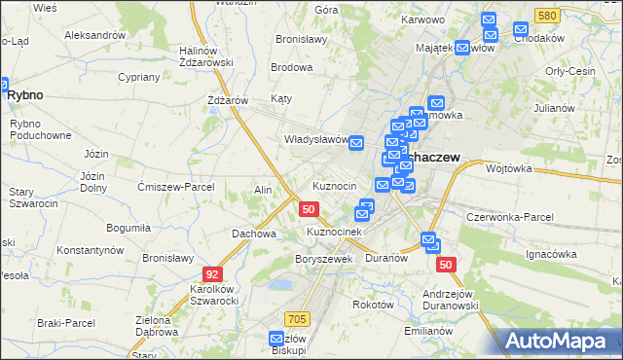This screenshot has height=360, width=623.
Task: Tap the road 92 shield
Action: (x=212, y=274)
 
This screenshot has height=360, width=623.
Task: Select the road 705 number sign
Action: (x=298, y=318)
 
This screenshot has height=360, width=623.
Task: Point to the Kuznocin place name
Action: (x=341, y=185)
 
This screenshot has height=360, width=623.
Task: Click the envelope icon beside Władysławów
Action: (x=356, y=143)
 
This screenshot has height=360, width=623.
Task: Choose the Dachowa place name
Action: (x=253, y=234)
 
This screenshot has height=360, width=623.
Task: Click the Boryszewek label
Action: (x=322, y=259)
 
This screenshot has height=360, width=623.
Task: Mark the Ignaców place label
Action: (x=551, y=254)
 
